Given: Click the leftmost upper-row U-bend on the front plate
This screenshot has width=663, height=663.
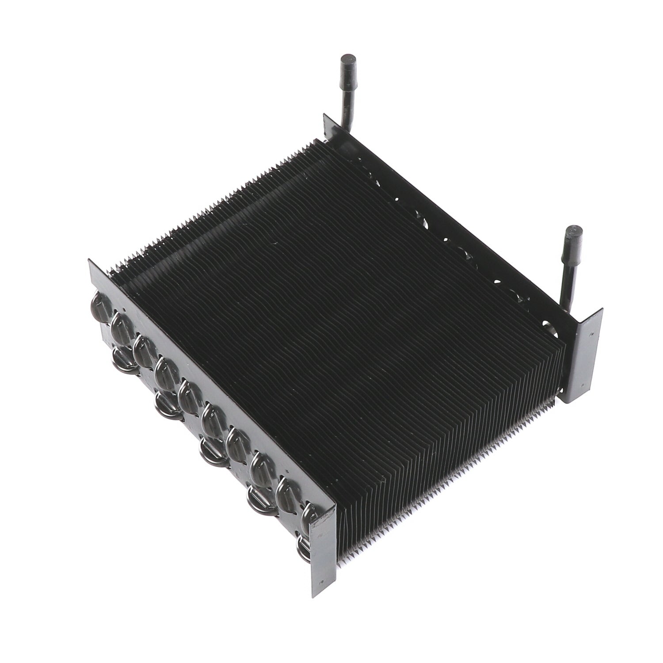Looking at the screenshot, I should point(95,303).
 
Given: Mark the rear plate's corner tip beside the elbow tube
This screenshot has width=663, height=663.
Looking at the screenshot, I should point(326,116).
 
